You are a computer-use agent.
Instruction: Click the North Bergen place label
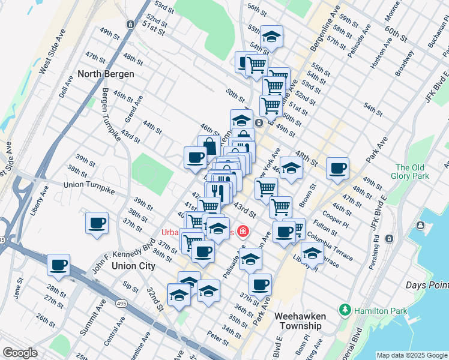pyautogui.click(x=106, y=74)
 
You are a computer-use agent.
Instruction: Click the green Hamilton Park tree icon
pyautogui.click(x=345, y=310)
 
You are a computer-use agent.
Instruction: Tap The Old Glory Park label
pyautogui.click(x=412, y=172)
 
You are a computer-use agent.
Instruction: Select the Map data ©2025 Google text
pyautogui.click(x=411, y=355)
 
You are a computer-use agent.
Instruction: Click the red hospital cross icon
pyautogui.click(x=243, y=231)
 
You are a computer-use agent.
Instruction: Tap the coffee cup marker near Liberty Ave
pyautogui.click(x=97, y=223)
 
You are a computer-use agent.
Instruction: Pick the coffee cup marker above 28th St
pyautogui.click(x=59, y=265)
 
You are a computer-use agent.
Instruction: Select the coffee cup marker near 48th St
pyautogui.click(x=337, y=167)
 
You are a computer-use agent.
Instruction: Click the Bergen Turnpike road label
pyautogui.click(x=111, y=115)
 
